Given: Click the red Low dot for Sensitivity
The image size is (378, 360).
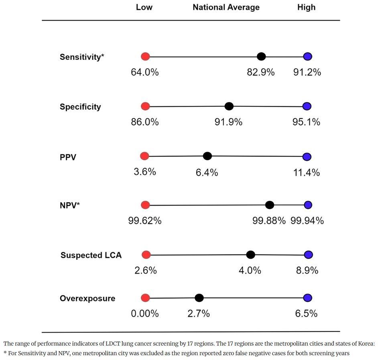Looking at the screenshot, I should click(146, 57).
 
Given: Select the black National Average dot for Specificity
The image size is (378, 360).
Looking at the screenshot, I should click(229, 106).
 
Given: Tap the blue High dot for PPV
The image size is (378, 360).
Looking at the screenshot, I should click(307, 157).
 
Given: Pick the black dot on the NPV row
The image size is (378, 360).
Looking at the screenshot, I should click(270, 205).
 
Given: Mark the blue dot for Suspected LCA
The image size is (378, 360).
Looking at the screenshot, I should click(308, 255).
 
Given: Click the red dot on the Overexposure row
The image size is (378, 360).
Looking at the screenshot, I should click(146, 298).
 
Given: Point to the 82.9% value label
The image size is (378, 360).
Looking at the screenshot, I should click(261, 72).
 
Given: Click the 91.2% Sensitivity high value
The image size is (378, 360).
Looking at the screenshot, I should click(307, 72).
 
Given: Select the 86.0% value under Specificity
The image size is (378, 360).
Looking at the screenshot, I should click(145, 122).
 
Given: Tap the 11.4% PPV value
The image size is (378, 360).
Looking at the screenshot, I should click(307, 173).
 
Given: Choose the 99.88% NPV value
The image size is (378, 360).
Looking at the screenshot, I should click(269, 221).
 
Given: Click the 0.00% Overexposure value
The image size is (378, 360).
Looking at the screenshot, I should click(145, 313).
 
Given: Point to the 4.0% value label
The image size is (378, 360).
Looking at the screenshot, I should click(250, 270).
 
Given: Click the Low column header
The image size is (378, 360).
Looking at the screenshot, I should click(144, 7).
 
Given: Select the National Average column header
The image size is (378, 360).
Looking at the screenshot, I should click(226, 7).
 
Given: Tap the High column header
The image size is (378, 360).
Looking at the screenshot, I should click(306, 7).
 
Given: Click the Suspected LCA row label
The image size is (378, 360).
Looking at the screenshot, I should click(91, 255).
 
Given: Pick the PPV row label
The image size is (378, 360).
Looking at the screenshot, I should click(68, 157).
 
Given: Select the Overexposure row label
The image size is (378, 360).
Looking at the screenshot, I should click(87, 298).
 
